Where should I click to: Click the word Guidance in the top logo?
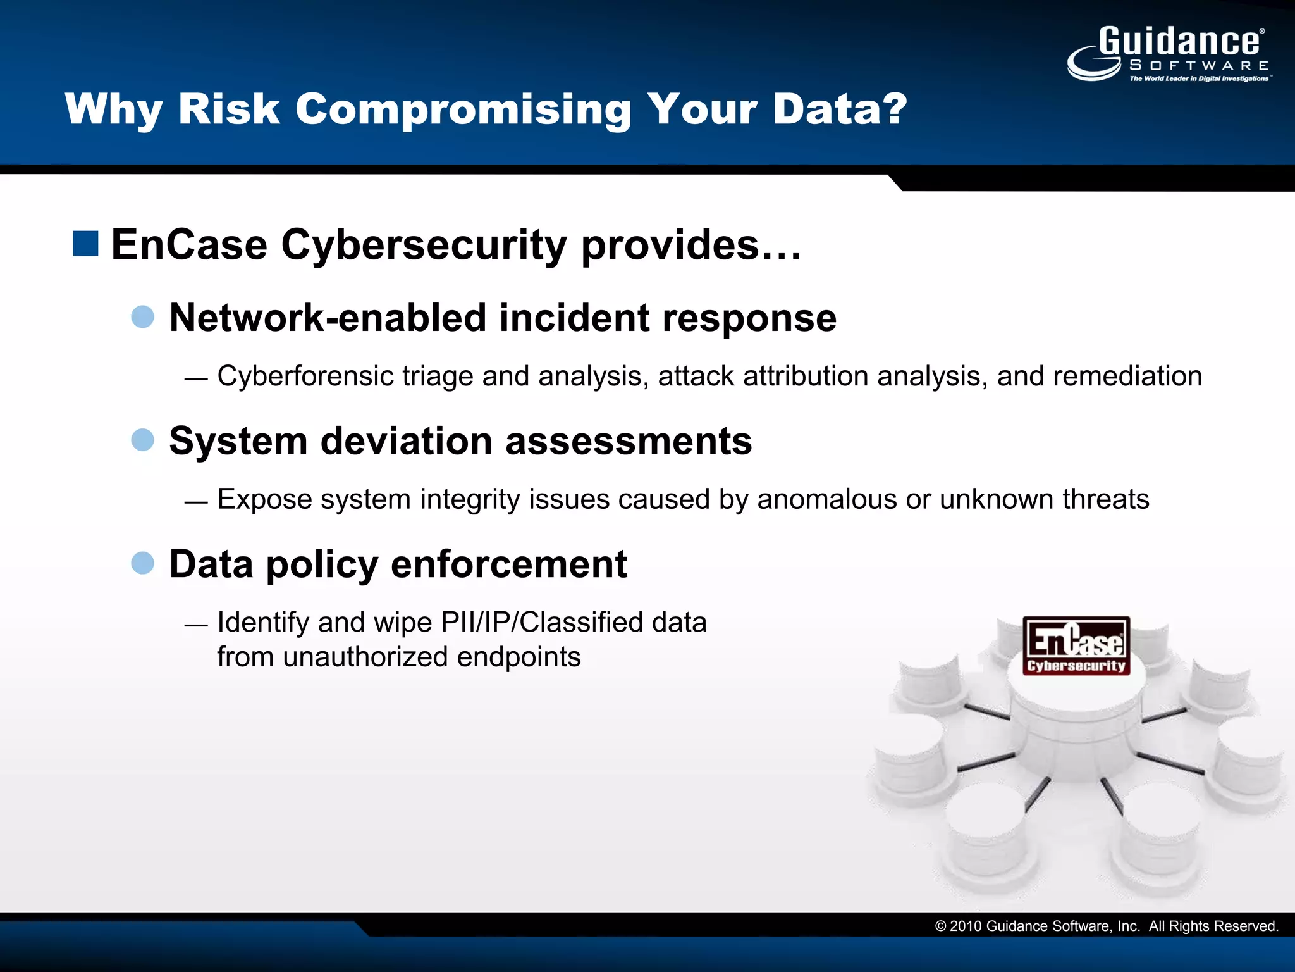tap(1179, 42)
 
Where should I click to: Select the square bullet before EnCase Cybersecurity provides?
tap(85, 244)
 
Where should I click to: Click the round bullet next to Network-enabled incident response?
tap(143, 316)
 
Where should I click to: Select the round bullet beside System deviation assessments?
tap(143, 440)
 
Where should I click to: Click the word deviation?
tap(406, 441)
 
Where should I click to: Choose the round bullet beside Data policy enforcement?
tap(143, 563)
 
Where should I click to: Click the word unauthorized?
tap(365, 657)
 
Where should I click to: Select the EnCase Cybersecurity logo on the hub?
tap(1076, 646)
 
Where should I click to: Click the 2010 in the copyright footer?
tap(965, 926)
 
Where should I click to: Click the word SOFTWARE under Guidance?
tap(1199, 66)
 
